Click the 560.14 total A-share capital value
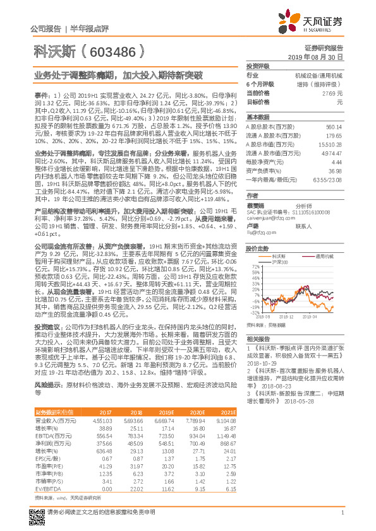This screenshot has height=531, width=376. pos(333,126)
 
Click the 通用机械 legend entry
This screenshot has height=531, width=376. pos(325,257)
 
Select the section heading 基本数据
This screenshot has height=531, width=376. pos(258,117)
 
